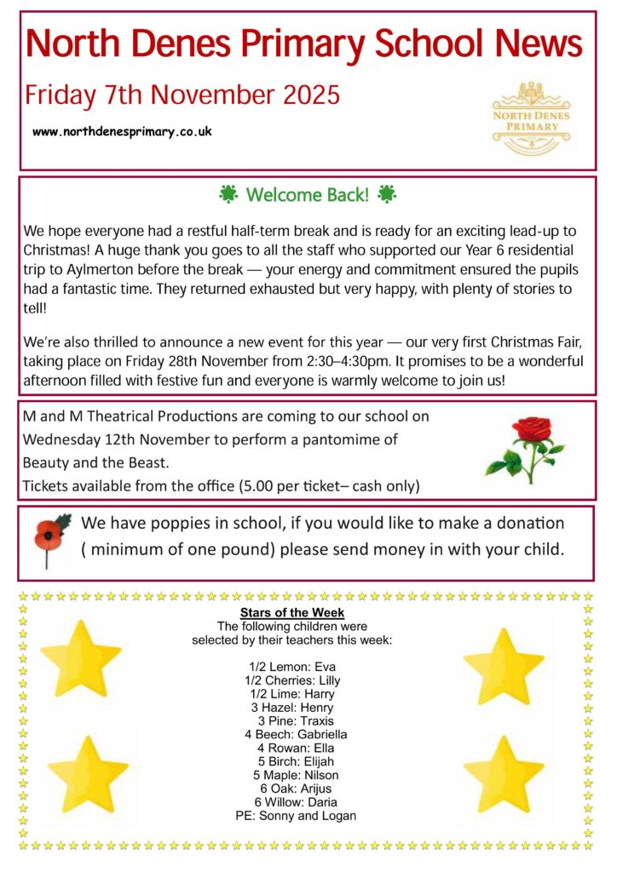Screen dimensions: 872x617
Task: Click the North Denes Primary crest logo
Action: click(531, 118)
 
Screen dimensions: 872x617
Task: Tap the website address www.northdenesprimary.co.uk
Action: click(122, 132)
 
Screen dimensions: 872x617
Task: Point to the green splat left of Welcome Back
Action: click(228, 195)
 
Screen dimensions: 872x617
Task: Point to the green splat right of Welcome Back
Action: click(386, 195)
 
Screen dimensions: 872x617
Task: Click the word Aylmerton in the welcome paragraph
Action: click(100, 268)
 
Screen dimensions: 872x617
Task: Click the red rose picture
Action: click(524, 449)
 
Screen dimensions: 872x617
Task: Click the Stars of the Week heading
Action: click(291, 613)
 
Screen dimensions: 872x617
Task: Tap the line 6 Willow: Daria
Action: click(295, 802)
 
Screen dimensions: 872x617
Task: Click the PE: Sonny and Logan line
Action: click(296, 816)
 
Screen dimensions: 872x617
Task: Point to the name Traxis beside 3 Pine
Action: click(315, 720)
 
